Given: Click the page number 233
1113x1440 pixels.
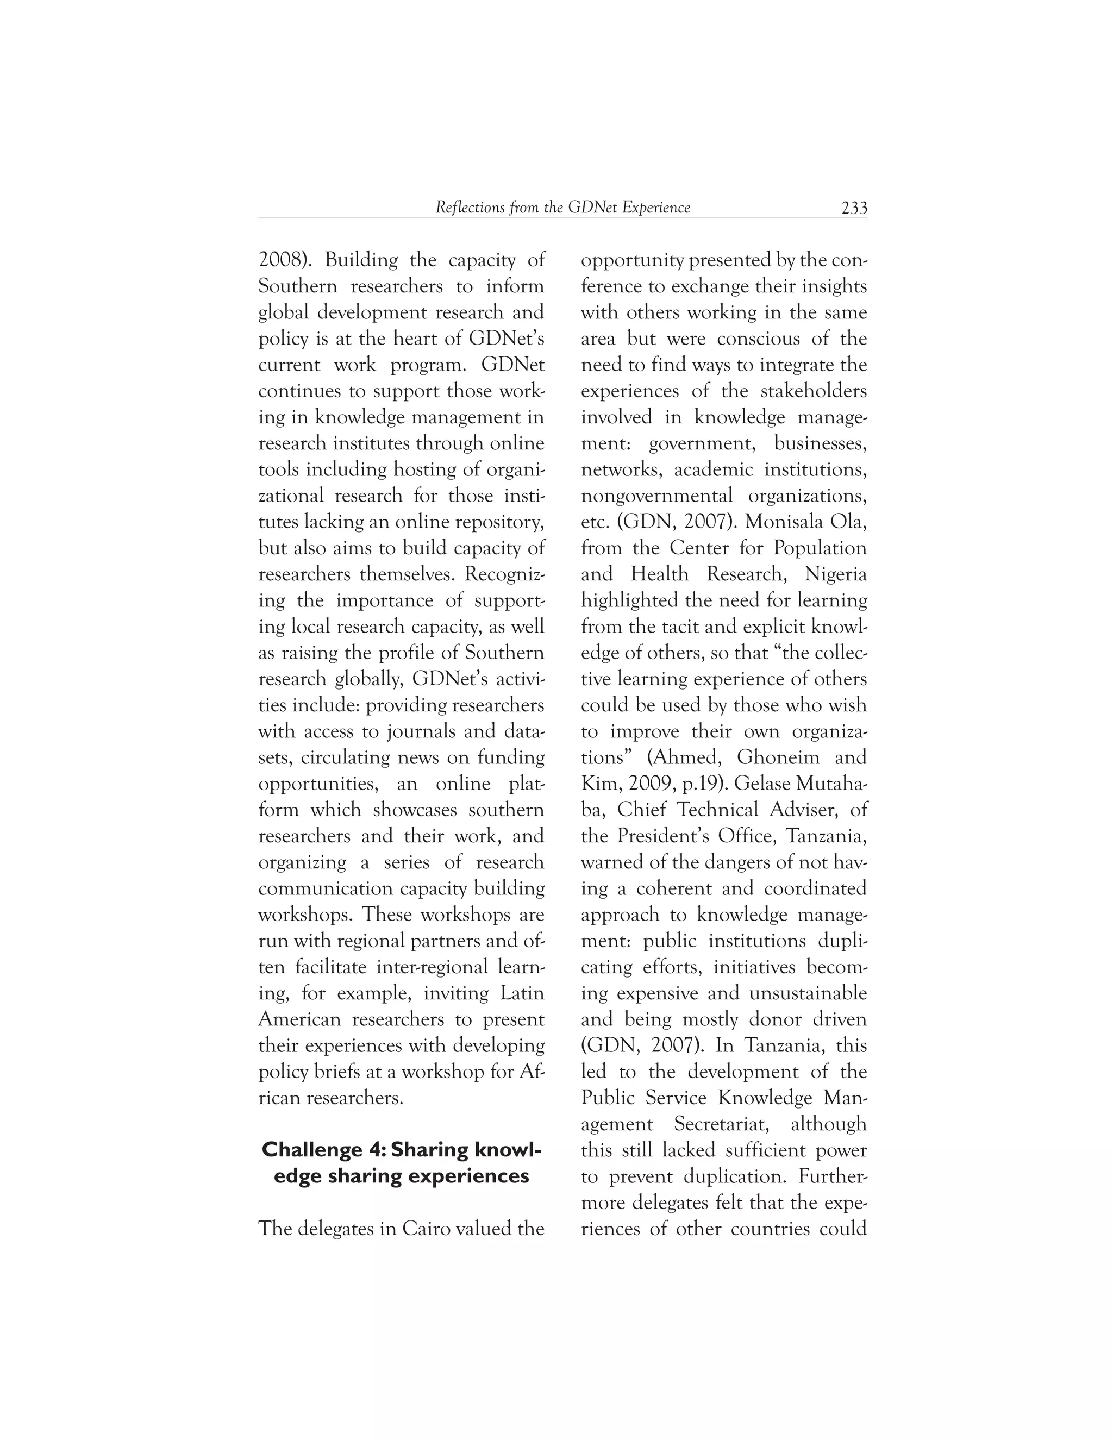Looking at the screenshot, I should tap(854, 208).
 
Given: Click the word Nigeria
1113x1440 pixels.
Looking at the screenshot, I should tap(835, 574).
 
